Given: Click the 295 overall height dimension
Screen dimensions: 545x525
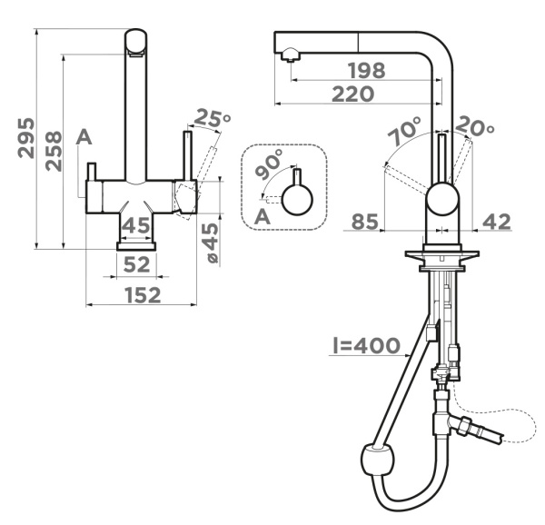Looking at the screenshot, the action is [26, 138].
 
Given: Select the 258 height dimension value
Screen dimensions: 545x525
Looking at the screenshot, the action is [54, 151].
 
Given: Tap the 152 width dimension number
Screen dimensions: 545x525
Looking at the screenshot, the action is [143, 295].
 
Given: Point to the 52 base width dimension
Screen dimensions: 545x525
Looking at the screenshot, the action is [136, 264].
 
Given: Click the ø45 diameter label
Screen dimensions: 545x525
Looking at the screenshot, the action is [211, 243].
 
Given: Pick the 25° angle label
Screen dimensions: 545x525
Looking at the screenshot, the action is [212, 118].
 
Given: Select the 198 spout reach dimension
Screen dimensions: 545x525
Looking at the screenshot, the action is [367, 71].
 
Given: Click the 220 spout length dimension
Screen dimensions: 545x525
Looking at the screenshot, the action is [353, 94].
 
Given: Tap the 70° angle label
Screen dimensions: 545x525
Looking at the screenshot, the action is [404, 131].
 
